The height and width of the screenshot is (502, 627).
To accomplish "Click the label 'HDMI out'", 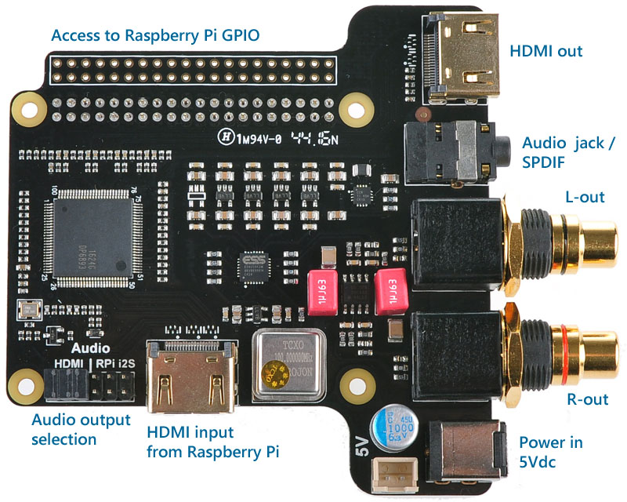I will pyautogui.click(x=546, y=52).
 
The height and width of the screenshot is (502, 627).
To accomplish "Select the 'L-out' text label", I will pyautogui.click(x=584, y=197).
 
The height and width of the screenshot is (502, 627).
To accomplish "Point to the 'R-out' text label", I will pyautogui.click(x=587, y=399).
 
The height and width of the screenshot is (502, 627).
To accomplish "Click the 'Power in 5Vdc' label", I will pyautogui.click(x=550, y=453).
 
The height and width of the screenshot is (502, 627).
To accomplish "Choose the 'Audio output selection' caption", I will pyautogui.click(x=81, y=429).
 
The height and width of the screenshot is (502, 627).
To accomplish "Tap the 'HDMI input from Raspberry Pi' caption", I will pyautogui.click(x=213, y=442).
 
